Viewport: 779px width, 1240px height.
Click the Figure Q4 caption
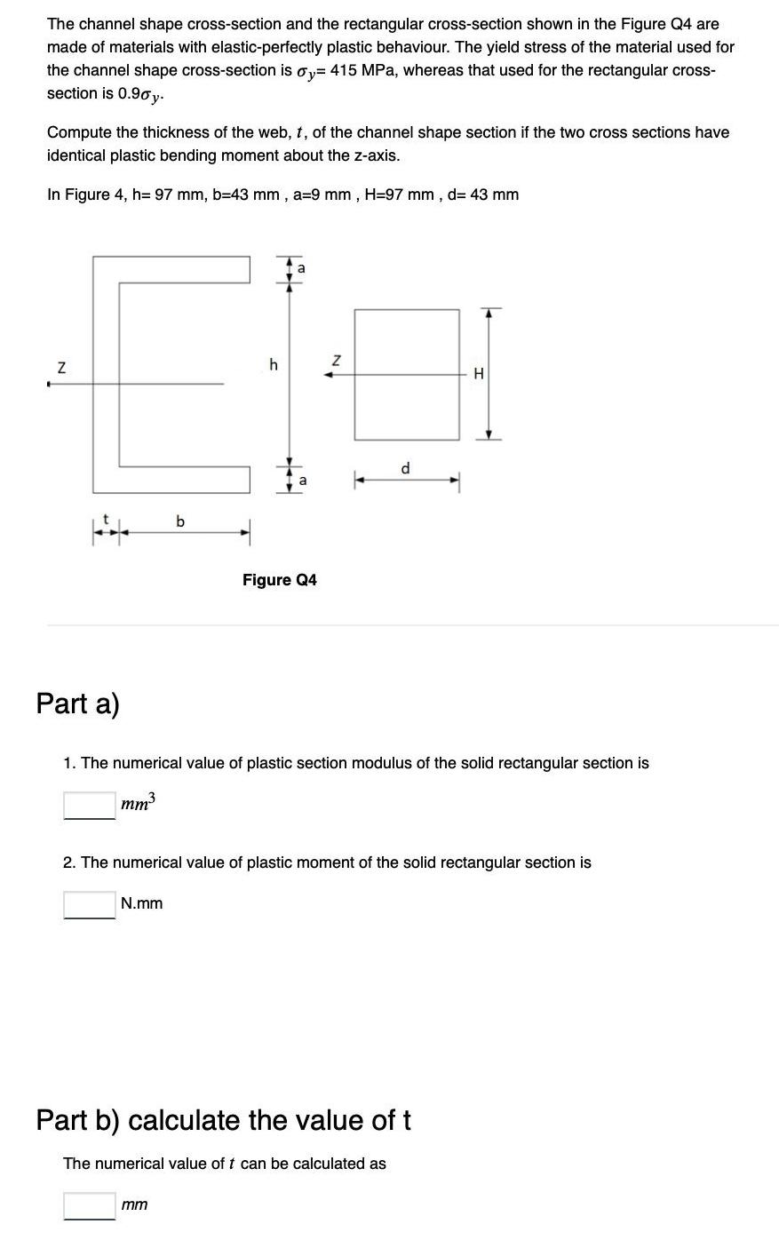point(279,580)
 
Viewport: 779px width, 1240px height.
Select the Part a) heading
point(77,703)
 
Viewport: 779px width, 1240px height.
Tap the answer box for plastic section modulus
point(89,806)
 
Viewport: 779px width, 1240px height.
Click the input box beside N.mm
point(89,904)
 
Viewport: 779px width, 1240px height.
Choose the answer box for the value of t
point(89,1205)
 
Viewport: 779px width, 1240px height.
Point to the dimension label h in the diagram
point(274,363)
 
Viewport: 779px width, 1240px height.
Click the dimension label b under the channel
point(180,521)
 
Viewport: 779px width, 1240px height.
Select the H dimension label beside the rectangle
point(479,374)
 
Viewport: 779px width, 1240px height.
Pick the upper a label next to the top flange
point(301,266)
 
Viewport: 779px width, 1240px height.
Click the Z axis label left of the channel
point(61,368)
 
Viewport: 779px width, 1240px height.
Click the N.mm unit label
point(142,903)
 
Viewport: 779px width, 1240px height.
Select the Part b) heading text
point(223,1120)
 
